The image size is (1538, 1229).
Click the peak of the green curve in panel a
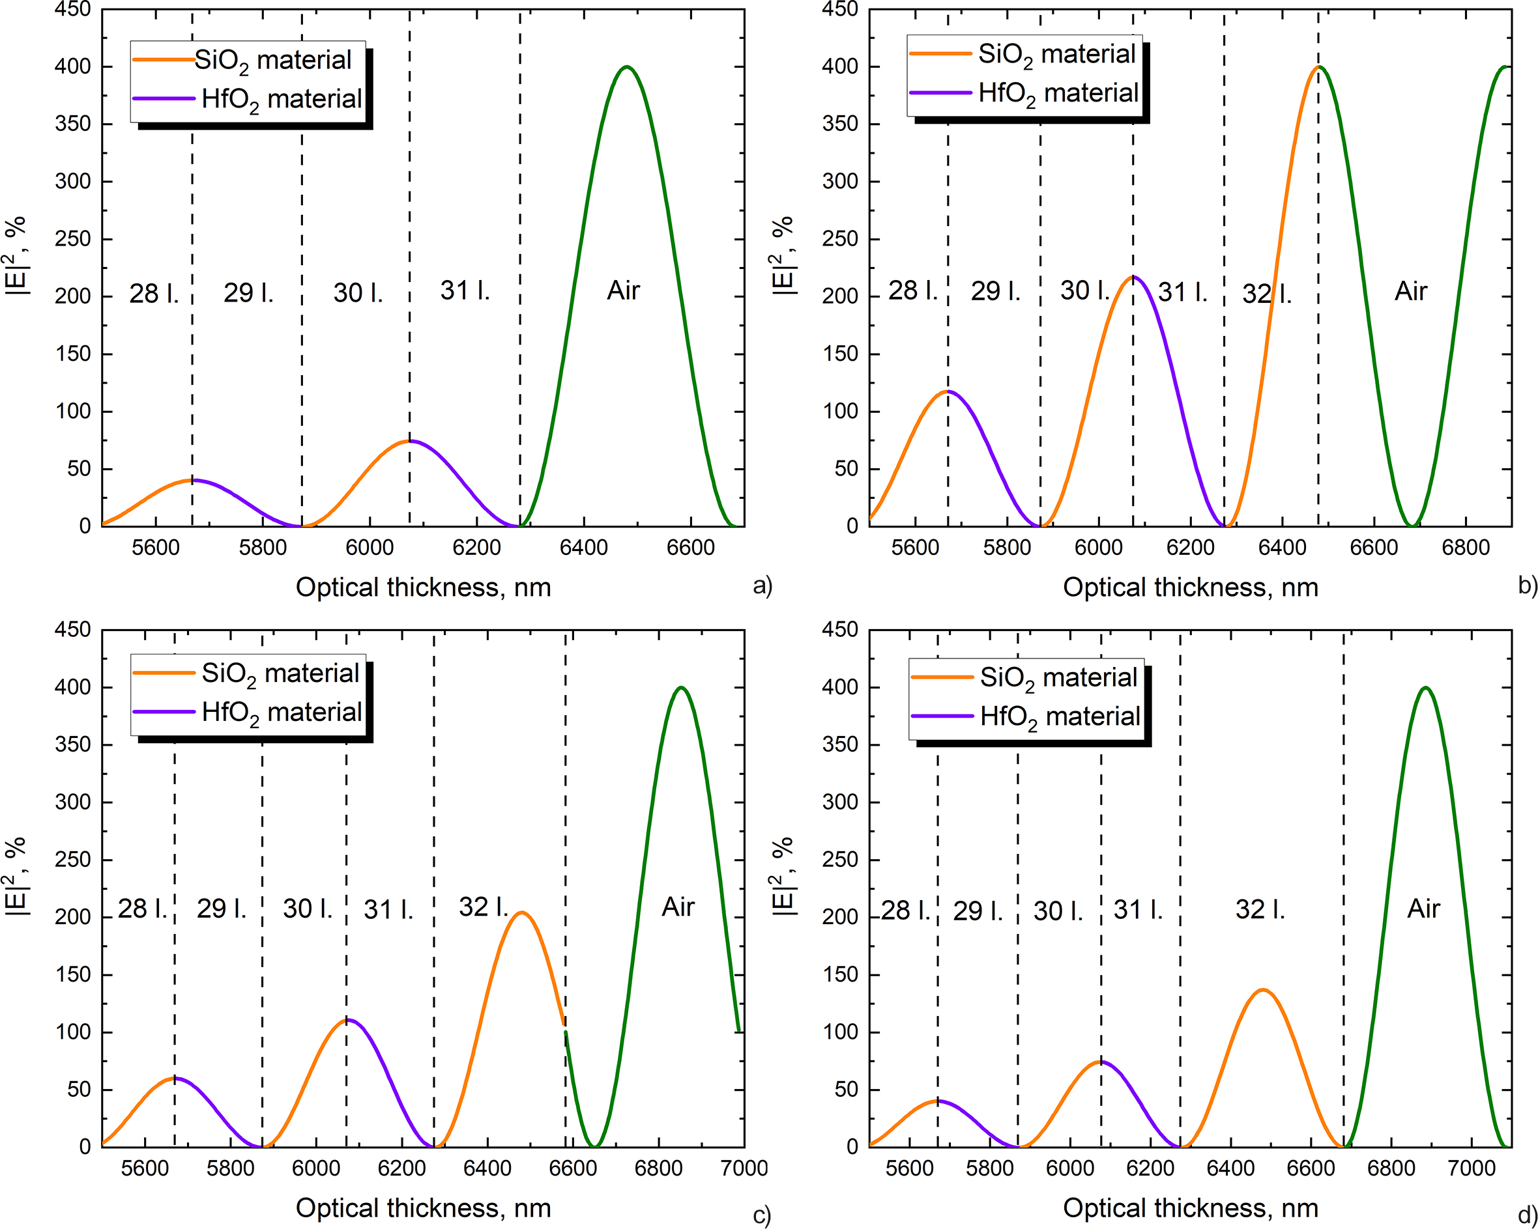pos(626,67)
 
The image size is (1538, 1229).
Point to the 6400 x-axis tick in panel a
pos(583,548)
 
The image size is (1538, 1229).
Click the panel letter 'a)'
pos(762,586)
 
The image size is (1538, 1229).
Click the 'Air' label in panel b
pos(1410,291)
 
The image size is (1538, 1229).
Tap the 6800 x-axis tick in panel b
pos(1465,548)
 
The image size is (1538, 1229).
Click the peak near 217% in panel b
pos(1133,277)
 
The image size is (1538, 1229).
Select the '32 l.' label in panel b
pos(1266,294)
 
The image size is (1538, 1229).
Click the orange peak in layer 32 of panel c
pos(522,912)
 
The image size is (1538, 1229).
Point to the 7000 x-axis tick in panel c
pos(744,1168)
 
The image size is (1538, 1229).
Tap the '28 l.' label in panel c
pos(142,908)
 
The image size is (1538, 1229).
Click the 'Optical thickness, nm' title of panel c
pos(423,1208)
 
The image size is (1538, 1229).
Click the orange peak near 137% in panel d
pos(1262,989)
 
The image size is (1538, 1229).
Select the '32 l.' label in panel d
pos(1260,910)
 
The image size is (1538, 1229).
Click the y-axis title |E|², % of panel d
pos(783,876)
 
